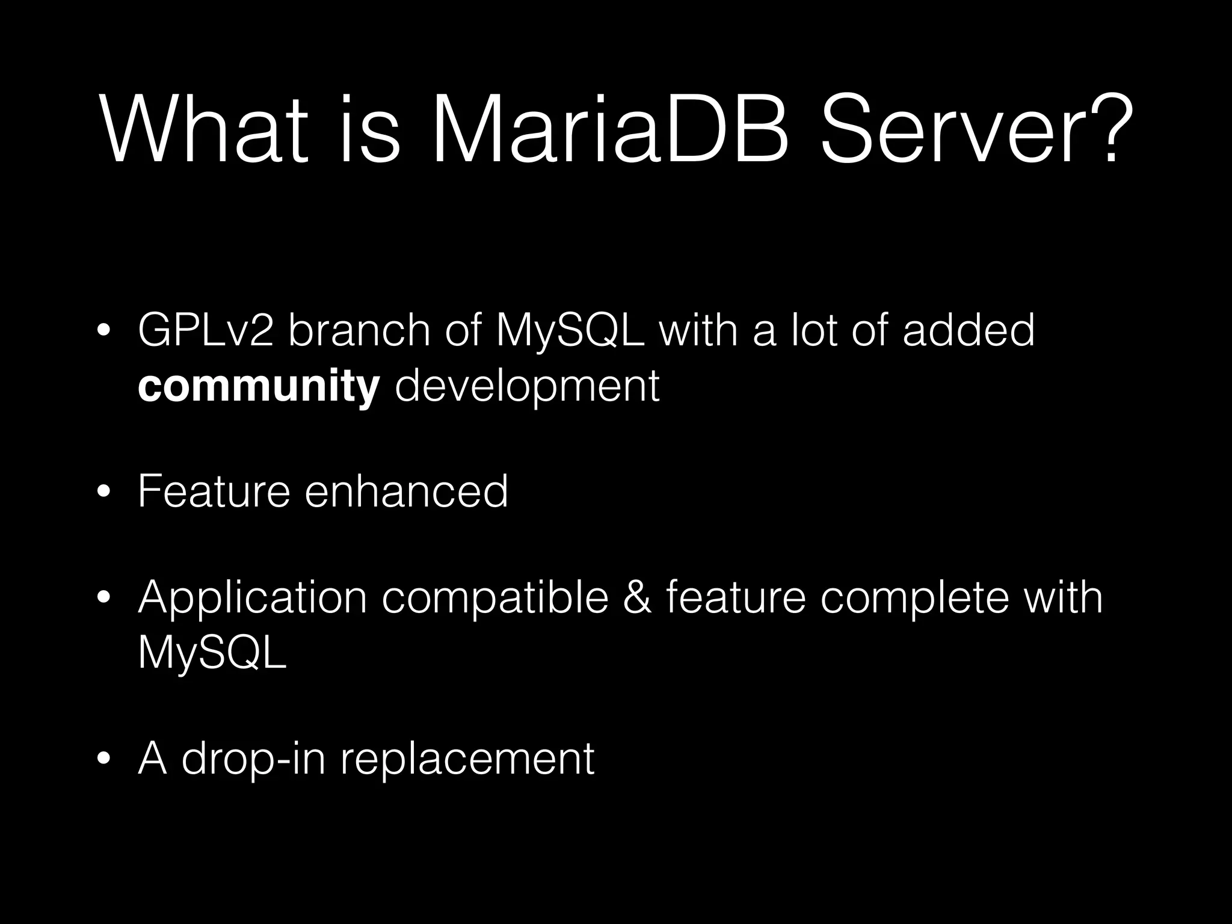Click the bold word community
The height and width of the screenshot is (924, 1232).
point(259,386)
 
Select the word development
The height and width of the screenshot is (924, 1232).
point(528,386)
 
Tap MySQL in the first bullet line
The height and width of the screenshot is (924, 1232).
point(570,331)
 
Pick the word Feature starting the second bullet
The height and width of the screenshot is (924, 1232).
point(214,491)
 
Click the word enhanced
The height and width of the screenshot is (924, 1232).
point(407,491)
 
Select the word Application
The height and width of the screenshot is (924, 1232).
point(252,599)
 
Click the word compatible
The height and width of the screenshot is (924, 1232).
point(495,599)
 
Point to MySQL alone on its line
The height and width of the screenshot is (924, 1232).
point(212,653)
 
